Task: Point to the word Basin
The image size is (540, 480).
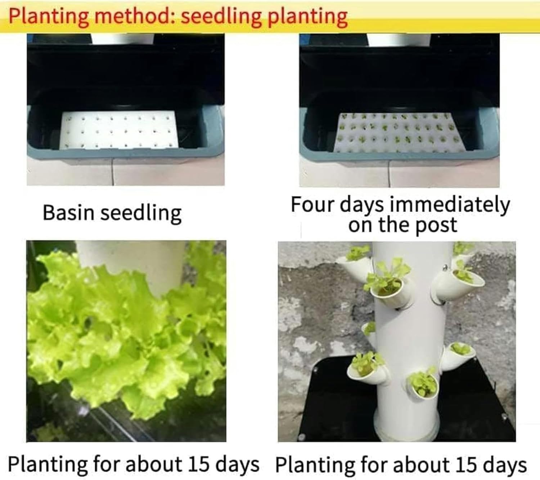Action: click(68, 212)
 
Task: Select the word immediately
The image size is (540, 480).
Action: click(450, 204)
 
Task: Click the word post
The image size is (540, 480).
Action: click(436, 225)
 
